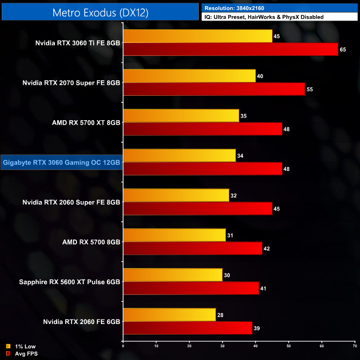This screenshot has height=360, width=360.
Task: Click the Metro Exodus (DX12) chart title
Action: (x=100, y=12)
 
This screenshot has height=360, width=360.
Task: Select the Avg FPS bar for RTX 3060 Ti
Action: (x=230, y=49)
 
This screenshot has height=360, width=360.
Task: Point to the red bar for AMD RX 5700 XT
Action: (x=203, y=129)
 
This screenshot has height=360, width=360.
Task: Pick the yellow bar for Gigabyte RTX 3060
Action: (x=179, y=156)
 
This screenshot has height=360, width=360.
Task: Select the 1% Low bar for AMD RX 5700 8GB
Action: (x=174, y=235)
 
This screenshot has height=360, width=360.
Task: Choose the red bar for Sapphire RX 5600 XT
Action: (x=191, y=289)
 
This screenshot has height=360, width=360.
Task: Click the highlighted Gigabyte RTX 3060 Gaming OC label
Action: (x=61, y=162)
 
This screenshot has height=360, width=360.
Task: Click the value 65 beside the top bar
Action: (x=343, y=49)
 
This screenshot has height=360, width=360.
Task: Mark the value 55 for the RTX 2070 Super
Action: (x=310, y=89)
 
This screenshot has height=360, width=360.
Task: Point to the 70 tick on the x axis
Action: (x=355, y=346)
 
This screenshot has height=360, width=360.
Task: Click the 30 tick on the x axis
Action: (x=223, y=346)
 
